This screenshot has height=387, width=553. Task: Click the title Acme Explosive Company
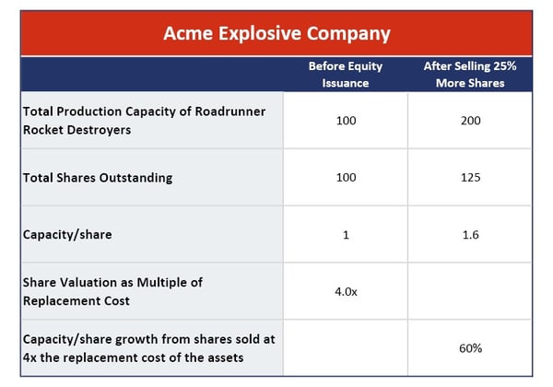[x=276, y=34]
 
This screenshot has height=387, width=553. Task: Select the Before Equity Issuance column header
[x=346, y=75]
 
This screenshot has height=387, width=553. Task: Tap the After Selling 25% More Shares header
[x=470, y=75]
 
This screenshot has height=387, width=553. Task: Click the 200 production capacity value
[x=470, y=121]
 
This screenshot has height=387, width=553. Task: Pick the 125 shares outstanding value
[x=470, y=177]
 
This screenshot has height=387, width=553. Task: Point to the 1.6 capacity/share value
[x=470, y=235]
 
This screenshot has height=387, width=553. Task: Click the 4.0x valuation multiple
[x=346, y=291]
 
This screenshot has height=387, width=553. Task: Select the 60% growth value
[x=470, y=348]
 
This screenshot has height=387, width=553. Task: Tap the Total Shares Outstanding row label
[x=98, y=178]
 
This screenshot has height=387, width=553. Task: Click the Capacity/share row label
[x=67, y=235]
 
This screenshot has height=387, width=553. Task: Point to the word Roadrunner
[x=230, y=111]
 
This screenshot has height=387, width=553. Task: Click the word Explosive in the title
[x=259, y=34]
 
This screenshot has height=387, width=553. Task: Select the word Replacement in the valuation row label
[x=62, y=301]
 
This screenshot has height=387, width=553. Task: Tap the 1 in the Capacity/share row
[x=346, y=235]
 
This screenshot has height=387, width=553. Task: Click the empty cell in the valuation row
[x=469, y=291]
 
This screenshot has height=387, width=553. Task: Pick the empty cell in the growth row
[x=346, y=348]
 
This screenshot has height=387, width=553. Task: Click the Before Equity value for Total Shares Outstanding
[x=346, y=177]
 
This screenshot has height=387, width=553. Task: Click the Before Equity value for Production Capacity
[x=346, y=121]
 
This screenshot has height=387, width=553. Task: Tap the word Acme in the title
[x=188, y=34]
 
